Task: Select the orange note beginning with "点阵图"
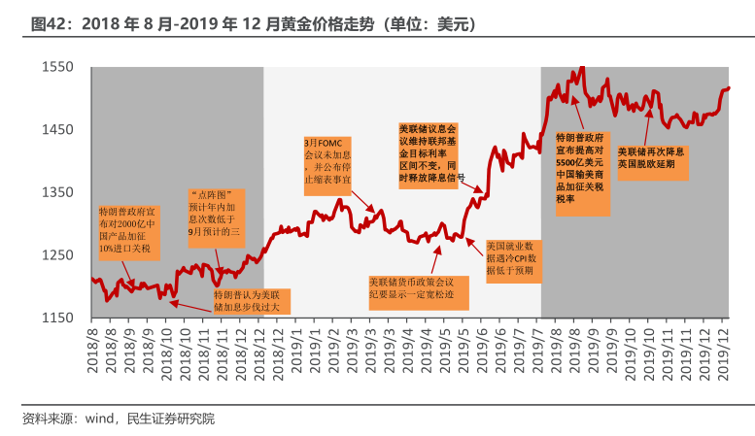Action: click(x=216, y=215)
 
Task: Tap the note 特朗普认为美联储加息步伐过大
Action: click(x=252, y=299)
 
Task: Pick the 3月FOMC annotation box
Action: click(x=327, y=160)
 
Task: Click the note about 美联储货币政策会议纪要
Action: click(x=419, y=292)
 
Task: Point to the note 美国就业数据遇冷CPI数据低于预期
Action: click(x=517, y=260)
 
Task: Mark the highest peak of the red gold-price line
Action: click(x=582, y=68)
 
